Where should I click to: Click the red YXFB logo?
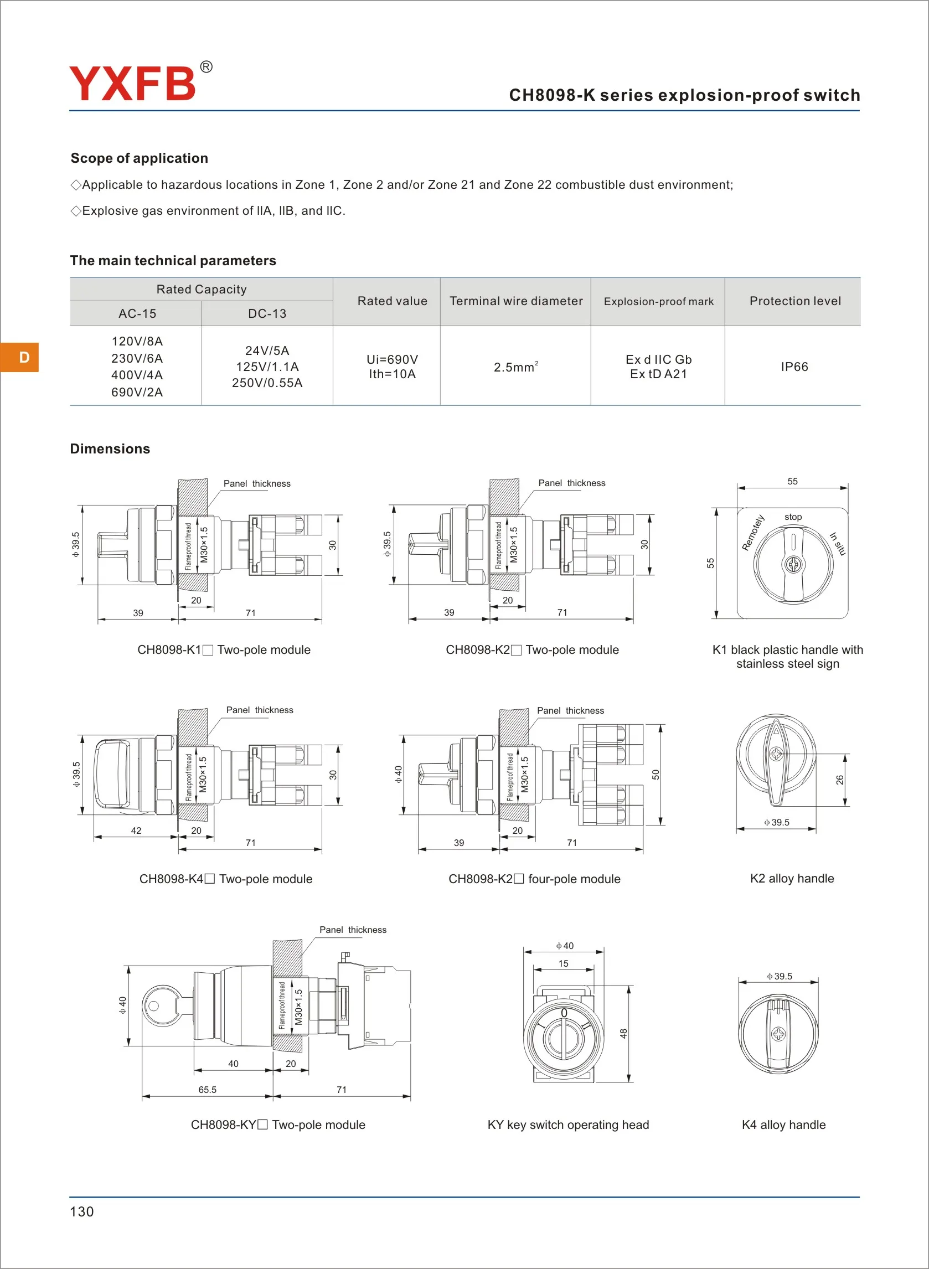click(x=133, y=84)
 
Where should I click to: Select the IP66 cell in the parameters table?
click(x=794, y=367)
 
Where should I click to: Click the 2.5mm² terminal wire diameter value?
click(x=515, y=367)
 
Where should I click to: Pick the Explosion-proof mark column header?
click(x=658, y=301)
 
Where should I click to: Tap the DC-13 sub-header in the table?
click(x=267, y=314)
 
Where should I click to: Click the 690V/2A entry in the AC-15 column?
click(x=137, y=392)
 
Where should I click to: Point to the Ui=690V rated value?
click(x=392, y=359)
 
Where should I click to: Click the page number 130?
click(x=81, y=1211)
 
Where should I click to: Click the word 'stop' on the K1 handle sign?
click(x=793, y=517)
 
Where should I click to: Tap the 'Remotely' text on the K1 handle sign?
click(x=753, y=533)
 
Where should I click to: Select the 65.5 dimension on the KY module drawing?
click(x=207, y=1090)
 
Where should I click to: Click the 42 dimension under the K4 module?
click(x=136, y=830)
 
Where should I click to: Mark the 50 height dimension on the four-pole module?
click(x=655, y=775)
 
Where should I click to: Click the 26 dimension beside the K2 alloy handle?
click(x=839, y=780)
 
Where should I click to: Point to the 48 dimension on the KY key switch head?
click(x=623, y=1034)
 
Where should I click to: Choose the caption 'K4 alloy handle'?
click(x=783, y=1124)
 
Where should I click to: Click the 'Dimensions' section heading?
click(x=110, y=448)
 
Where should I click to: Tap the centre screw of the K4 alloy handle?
click(x=778, y=1034)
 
